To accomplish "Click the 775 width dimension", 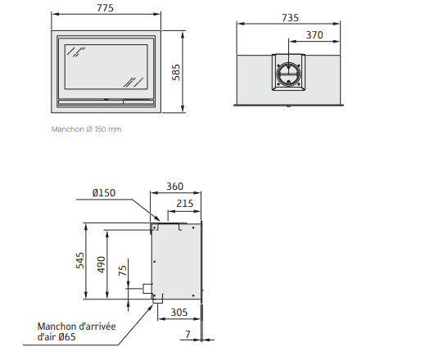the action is pyautogui.click(x=105, y=7).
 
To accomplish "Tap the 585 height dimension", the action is pyautogui.click(x=176, y=73).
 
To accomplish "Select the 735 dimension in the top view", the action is pyautogui.click(x=290, y=18).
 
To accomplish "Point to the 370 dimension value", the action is pyautogui.click(x=314, y=35).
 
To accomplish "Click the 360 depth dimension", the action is pyautogui.click(x=174, y=186).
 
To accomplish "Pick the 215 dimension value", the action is pyautogui.click(x=184, y=204).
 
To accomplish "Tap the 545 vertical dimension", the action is pyautogui.click(x=80, y=260).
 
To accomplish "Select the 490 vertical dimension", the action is pyautogui.click(x=102, y=264).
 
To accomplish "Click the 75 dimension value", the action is pyautogui.click(x=123, y=270).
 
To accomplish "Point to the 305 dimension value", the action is pyautogui.click(x=179, y=313).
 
